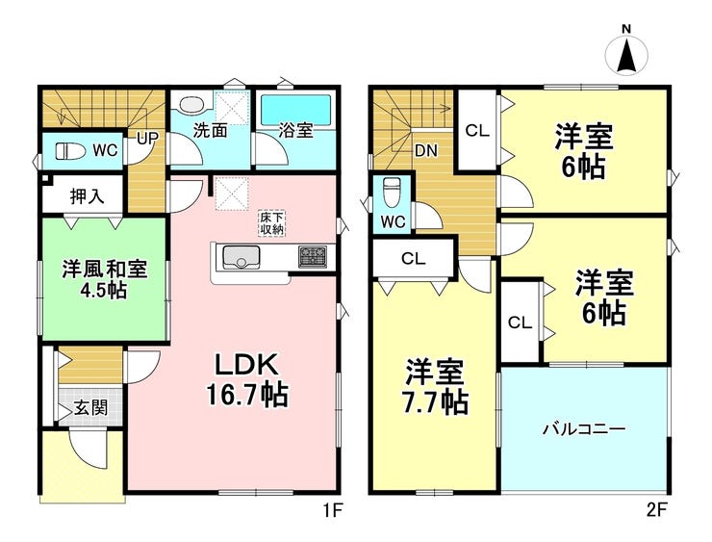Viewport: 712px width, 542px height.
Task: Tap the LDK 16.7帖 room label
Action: click(245, 379)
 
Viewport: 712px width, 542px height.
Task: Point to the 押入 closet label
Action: click(88, 196)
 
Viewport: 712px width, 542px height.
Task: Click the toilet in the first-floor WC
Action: click(68, 151)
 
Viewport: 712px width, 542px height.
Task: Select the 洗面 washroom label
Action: click(210, 131)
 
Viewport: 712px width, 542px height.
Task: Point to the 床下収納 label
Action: click(270, 222)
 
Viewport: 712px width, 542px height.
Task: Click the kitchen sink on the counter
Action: click(239, 257)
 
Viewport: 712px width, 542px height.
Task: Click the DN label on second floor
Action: click(426, 150)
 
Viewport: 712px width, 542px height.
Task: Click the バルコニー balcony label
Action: click(584, 428)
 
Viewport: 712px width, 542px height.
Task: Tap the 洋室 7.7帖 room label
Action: click(435, 385)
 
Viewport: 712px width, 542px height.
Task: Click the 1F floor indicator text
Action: click(331, 511)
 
